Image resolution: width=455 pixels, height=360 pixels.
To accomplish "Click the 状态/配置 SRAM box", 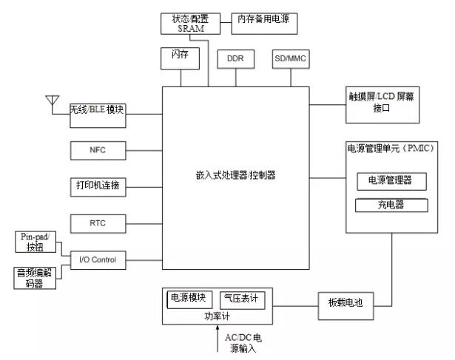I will coord(185,23).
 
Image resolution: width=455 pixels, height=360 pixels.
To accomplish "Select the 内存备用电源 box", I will coord(265,23).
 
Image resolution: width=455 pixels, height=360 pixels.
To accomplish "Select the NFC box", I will coord(98,150).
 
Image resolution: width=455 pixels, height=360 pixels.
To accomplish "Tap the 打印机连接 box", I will coord(98,186).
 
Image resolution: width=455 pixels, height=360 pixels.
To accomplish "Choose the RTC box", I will coord(98,223).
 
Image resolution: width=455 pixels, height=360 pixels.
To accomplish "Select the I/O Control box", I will coord(98,259).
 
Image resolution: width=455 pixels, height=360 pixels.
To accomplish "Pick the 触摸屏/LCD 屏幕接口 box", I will coord(384,102).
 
